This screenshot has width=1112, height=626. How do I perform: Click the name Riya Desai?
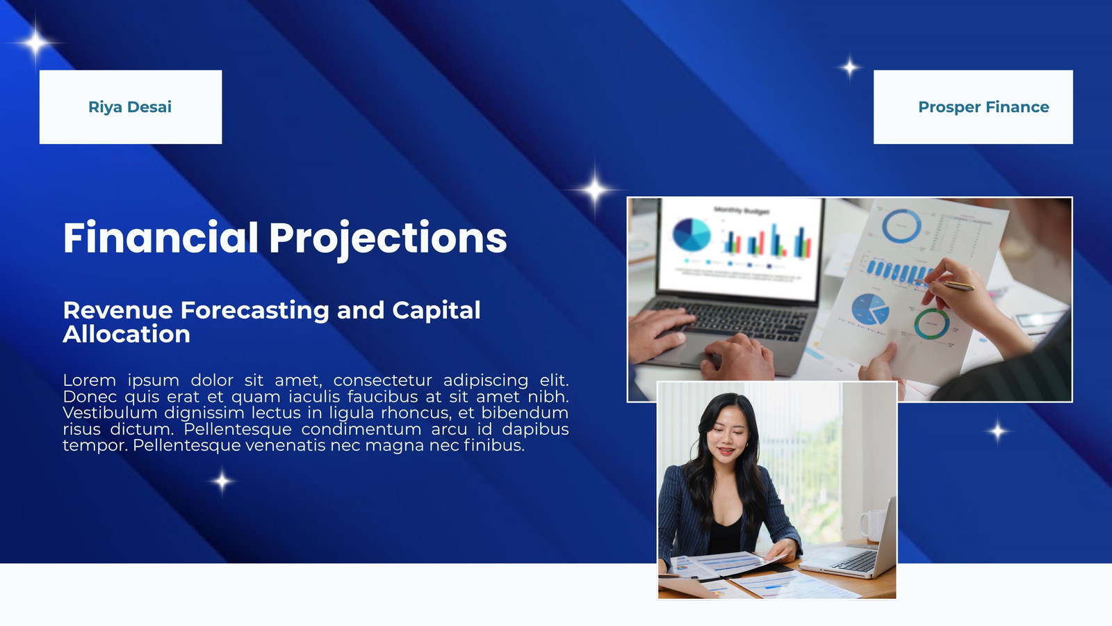click(130, 107)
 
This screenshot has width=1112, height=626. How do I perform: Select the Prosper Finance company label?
click(983, 107)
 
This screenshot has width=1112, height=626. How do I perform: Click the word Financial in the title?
click(161, 238)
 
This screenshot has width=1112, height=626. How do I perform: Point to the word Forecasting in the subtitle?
click(254, 310)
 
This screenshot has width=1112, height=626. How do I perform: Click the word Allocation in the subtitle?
click(126, 334)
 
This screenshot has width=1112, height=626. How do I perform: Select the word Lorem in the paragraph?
click(90, 380)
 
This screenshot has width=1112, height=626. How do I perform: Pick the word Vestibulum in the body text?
click(108, 413)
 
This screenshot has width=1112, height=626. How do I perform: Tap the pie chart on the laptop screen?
click(692, 234)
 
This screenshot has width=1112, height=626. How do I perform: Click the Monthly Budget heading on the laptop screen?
click(742, 211)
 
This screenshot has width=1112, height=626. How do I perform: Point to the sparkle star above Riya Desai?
click(35, 43)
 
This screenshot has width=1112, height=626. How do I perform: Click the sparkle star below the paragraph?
click(222, 481)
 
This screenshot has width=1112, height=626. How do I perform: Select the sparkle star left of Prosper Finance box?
click(849, 67)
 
